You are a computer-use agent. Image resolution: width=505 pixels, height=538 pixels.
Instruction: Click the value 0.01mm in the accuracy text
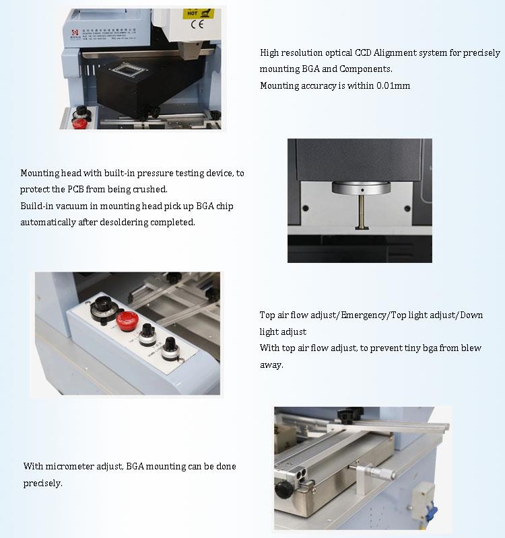pos(392,85)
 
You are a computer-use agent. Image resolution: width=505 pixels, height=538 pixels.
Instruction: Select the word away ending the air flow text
pos(271,365)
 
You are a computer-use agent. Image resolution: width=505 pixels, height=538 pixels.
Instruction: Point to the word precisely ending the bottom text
pos(42,483)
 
